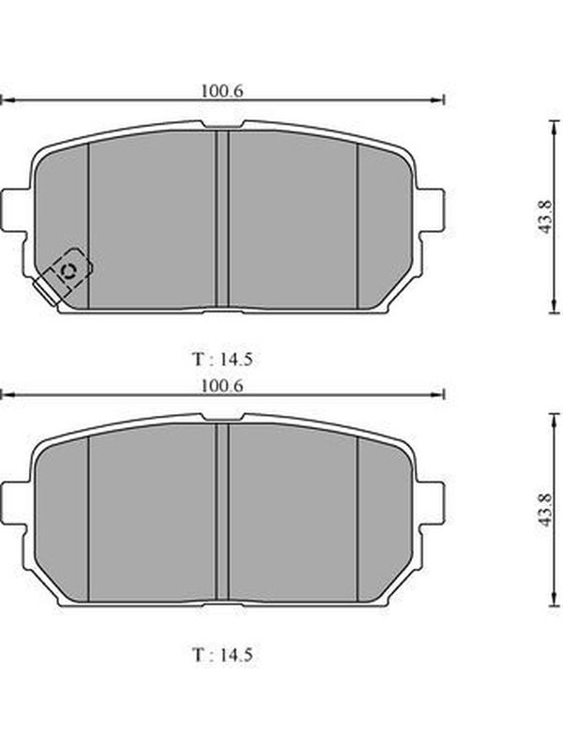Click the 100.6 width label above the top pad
(221, 90)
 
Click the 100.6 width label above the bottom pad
(221, 385)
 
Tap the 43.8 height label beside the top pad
(545, 217)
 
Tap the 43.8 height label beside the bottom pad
(545, 511)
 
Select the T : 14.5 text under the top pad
(222, 359)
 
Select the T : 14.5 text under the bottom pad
(222, 654)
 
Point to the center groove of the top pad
(222, 219)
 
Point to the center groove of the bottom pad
(222, 512)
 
